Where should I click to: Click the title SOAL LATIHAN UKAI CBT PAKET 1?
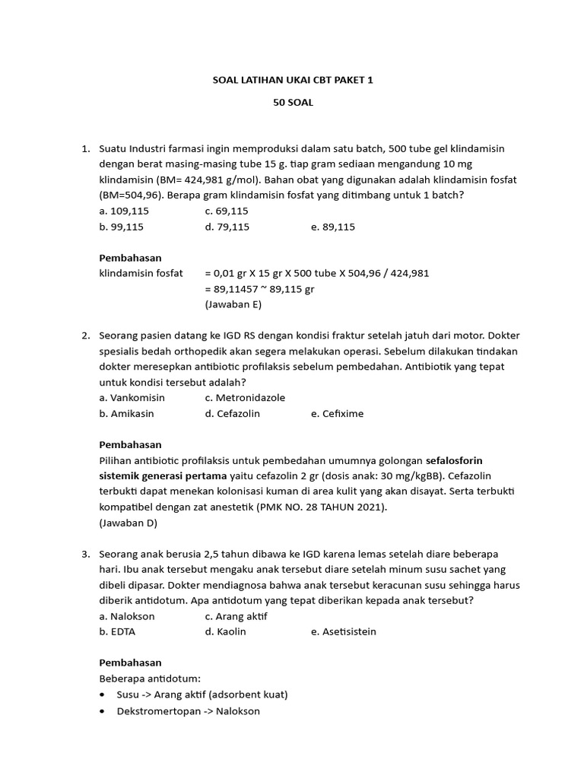coord(293,80)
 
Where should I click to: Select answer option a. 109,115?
coord(122,211)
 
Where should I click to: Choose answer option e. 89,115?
coord(333,227)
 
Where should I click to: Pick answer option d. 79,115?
coord(227,227)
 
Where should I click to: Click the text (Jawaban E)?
coord(233,304)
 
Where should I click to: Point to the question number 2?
coord(85,335)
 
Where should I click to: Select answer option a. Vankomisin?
coord(132,398)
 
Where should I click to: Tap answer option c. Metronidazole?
coord(245,398)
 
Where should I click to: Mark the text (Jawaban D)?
coord(128,523)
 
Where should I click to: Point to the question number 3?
coord(85,554)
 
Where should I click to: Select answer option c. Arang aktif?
coord(236,616)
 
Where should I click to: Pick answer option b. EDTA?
coord(117,631)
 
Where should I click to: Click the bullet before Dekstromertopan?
coord(103,711)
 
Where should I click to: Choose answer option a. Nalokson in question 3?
coord(127,616)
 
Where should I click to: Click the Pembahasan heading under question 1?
coord(131,258)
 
